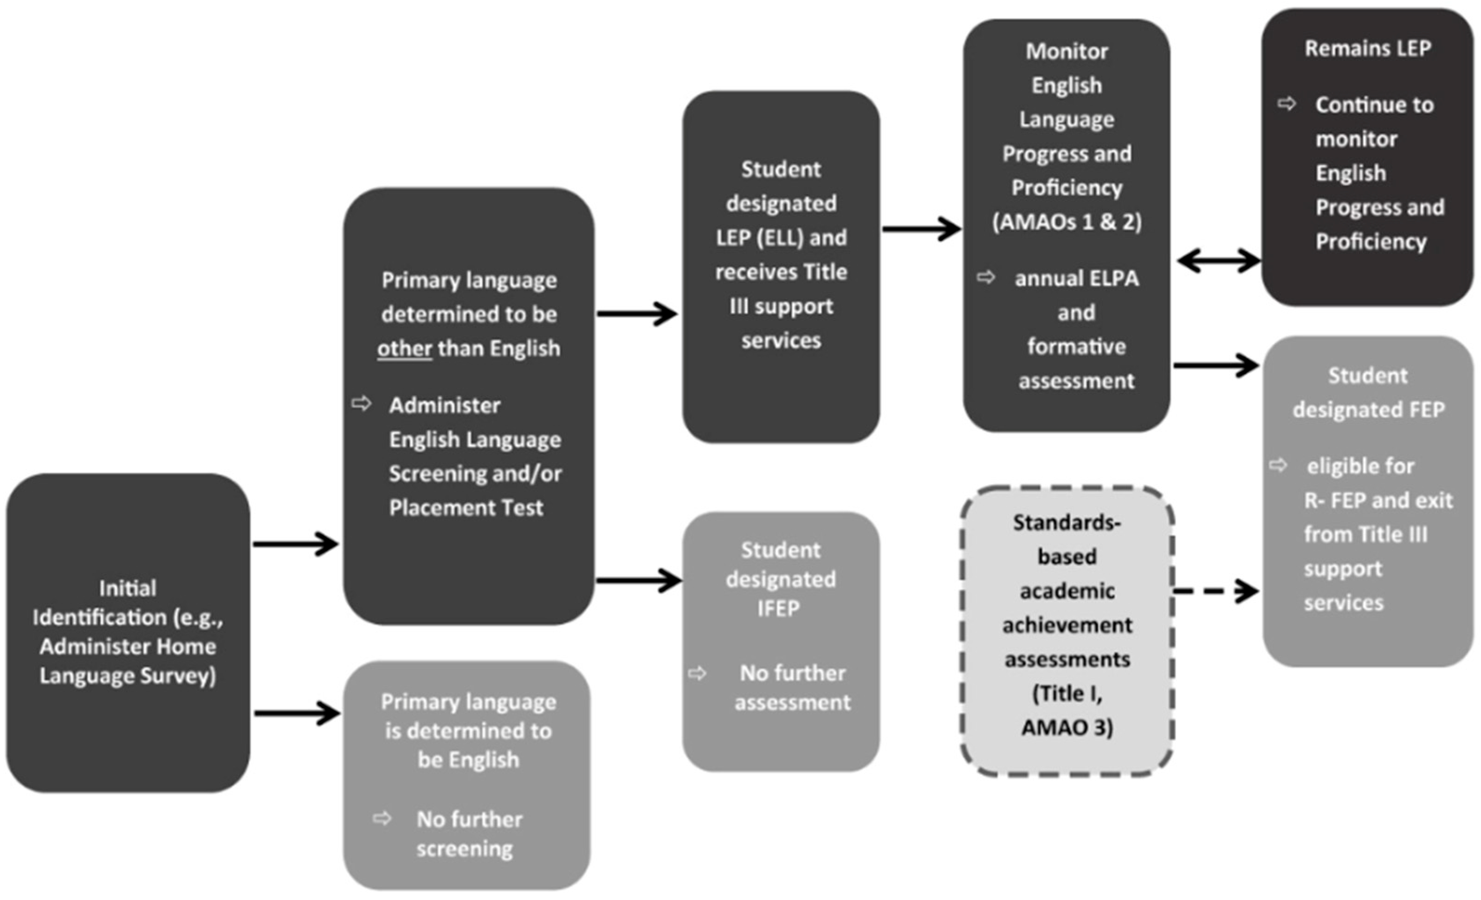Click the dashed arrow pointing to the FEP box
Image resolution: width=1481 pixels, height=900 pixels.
1216,591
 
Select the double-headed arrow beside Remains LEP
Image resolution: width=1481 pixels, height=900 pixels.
1218,261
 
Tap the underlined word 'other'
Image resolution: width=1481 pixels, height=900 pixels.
405,349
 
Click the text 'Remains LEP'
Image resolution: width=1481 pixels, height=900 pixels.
1367,48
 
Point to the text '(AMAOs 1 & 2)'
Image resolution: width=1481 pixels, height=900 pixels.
1067,222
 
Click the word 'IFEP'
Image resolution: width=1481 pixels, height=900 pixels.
779,609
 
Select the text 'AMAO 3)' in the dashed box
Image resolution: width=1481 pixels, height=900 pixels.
1067,727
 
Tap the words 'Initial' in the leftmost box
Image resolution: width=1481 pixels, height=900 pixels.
128,588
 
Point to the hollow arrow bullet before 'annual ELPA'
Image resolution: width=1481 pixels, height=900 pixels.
986,277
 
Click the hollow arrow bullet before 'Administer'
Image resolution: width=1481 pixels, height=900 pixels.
361,403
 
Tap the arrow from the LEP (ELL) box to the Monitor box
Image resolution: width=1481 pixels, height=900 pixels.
921,229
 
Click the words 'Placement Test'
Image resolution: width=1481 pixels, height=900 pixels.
466,508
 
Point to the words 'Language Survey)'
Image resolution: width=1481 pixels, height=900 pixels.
128,676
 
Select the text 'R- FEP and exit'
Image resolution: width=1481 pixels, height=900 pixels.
1378,500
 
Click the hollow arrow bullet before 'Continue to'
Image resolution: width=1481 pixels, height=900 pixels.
1286,104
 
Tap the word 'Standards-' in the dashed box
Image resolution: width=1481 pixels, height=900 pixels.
1067,523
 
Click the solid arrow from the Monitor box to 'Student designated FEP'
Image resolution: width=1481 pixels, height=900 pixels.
1216,365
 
